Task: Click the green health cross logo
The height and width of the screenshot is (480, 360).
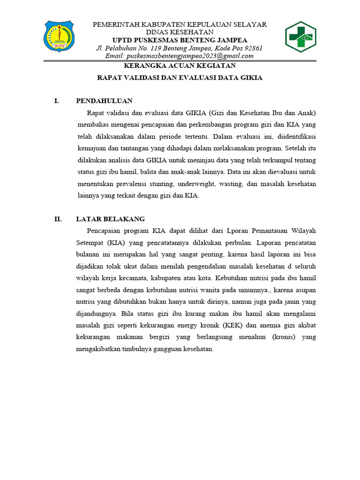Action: click(x=300, y=37)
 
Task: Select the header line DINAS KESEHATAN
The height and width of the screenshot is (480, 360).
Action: click(x=180, y=32)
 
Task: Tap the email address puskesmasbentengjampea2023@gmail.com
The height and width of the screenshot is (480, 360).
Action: click(x=180, y=56)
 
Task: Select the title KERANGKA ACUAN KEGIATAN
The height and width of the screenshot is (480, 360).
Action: click(x=180, y=66)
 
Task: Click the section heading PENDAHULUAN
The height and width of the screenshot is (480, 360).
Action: click(x=104, y=101)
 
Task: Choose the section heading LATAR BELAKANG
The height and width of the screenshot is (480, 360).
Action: click(x=111, y=219)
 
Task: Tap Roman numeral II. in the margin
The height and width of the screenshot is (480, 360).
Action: click(x=58, y=219)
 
